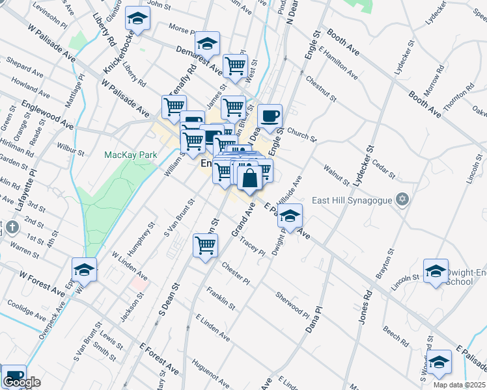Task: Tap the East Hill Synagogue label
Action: (x=352, y=200)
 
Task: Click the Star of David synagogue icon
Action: (x=402, y=199)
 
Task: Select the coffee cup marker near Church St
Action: (x=270, y=117)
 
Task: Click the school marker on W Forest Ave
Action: (x=84, y=270)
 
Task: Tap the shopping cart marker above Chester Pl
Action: (x=205, y=246)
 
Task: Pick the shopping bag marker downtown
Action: (x=250, y=177)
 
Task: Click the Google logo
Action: (x=21, y=382)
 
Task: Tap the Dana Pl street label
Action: (x=314, y=321)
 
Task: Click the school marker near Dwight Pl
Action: (x=290, y=214)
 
